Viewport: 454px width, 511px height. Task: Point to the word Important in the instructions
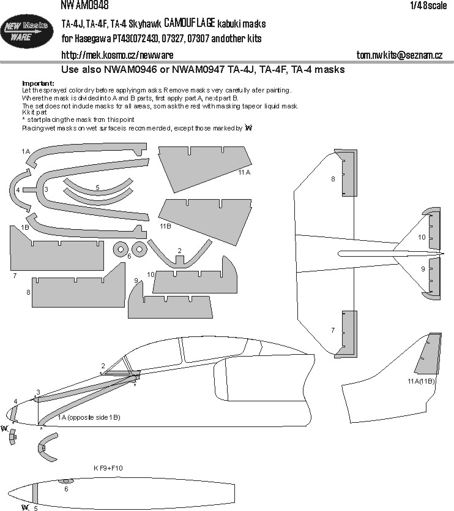coord(38,83)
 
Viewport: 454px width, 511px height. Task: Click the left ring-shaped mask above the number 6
coord(121,249)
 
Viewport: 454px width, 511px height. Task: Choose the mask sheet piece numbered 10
coord(196,279)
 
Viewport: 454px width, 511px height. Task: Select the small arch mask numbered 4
coord(18,190)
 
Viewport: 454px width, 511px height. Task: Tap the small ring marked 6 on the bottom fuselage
coord(67,482)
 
